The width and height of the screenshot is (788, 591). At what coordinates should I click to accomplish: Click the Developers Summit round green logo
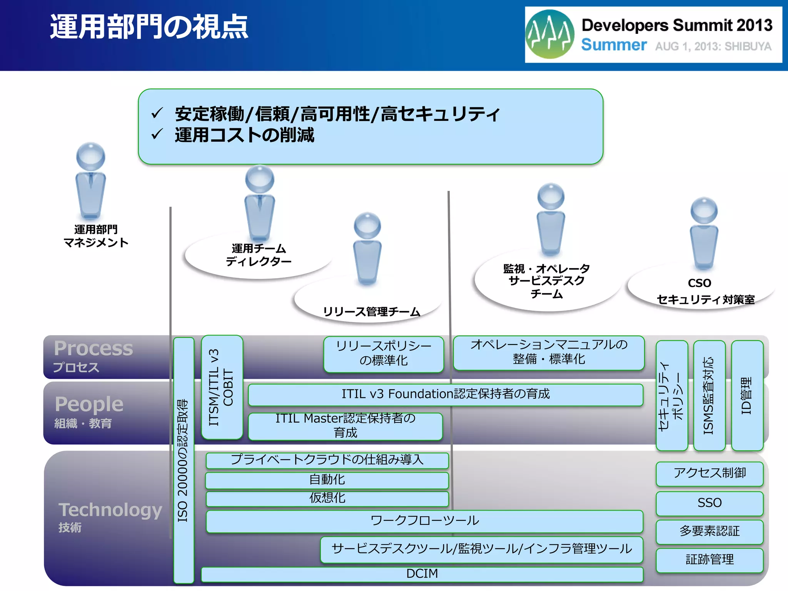550,34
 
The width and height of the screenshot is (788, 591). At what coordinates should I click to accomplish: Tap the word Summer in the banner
614,45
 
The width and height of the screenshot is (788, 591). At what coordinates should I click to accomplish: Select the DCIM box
422,574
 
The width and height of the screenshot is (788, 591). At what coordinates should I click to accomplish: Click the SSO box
709,503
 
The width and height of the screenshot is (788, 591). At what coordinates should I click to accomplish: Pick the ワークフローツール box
424,521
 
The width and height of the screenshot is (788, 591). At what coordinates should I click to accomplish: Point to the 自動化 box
327,480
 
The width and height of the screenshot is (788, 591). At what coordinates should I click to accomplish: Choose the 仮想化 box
327,498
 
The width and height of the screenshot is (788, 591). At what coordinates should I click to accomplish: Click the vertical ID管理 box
747,395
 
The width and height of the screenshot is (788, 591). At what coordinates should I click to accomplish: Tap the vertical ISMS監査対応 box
709,395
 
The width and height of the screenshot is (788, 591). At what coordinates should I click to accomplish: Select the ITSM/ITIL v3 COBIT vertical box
222,387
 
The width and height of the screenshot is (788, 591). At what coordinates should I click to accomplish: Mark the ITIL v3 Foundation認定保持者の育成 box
445,394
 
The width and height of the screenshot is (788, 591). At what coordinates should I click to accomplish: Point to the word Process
93,348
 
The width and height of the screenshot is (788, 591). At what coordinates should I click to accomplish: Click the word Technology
110,510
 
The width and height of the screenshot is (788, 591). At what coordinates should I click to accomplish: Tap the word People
89,404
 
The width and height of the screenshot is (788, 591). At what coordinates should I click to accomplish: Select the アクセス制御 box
709,473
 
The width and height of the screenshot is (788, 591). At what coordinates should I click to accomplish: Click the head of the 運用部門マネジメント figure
90,156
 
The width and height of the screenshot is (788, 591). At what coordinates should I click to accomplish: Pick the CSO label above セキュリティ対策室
699,283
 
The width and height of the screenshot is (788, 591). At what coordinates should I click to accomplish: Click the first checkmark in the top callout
157,113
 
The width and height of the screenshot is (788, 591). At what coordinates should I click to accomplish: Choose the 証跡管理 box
709,559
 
